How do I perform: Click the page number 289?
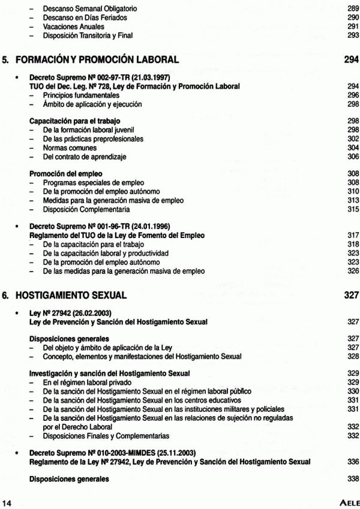352,9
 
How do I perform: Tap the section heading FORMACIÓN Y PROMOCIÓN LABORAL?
105,59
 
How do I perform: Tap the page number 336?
352,461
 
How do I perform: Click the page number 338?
352,478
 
